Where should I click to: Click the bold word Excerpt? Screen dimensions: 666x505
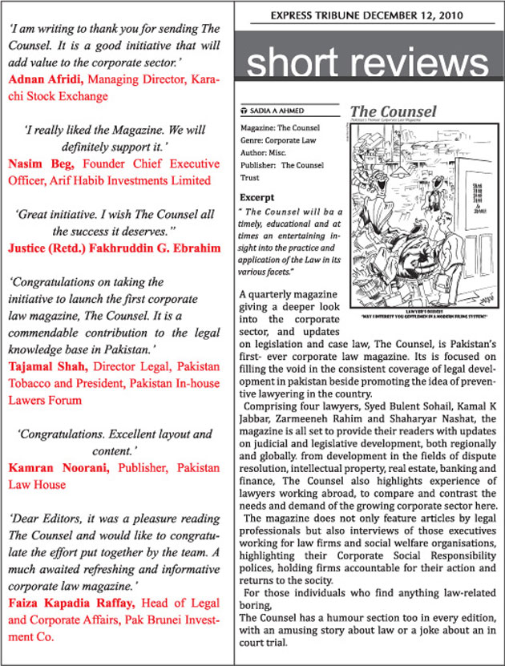point(257,196)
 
